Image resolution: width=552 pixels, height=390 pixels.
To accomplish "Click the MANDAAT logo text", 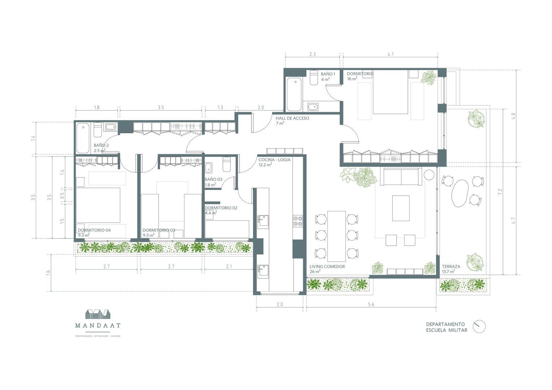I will tap(98, 325).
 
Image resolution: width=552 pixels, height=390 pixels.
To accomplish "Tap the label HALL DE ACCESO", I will tap(292, 118).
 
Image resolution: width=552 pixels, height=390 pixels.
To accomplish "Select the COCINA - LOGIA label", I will tap(274, 160).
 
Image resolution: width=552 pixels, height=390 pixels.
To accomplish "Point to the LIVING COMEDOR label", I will tap(327, 266).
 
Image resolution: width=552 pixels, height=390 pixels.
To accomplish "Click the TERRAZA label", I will tap(451, 266).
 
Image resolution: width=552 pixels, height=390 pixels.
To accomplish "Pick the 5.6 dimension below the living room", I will tap(371, 304).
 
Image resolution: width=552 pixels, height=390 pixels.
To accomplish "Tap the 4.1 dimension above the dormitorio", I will tap(391, 54).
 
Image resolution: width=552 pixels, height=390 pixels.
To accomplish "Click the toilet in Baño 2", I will tap(98, 130).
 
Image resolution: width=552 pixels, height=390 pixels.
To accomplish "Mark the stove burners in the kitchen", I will tap(298, 220).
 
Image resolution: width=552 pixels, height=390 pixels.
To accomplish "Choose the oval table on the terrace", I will tap(460, 193).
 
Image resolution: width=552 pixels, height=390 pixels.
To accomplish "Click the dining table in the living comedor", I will tap(336, 236).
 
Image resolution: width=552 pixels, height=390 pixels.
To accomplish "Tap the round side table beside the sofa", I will tap(429, 174).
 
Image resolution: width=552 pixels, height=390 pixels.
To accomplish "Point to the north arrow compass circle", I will tap(479, 326).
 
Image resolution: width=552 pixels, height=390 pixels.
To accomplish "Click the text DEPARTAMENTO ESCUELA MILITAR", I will tap(446, 327).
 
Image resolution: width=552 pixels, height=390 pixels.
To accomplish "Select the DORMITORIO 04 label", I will tap(94, 230).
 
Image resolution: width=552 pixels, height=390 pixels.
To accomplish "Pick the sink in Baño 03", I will tap(209, 168).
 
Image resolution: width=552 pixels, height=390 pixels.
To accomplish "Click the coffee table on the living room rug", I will tap(401, 208).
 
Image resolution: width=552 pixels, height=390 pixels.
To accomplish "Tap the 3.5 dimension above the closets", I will tap(161, 107).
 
